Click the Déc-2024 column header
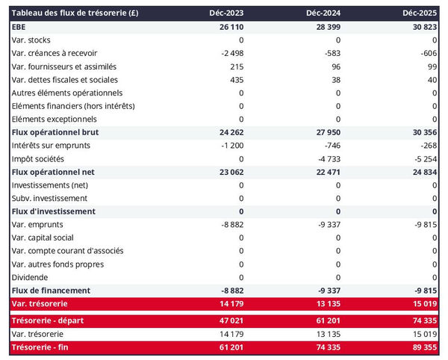[324, 13]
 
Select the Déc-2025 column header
[420, 13]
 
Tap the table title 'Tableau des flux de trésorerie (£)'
[74, 13]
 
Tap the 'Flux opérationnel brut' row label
[55, 132]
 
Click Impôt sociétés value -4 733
[327, 158]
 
